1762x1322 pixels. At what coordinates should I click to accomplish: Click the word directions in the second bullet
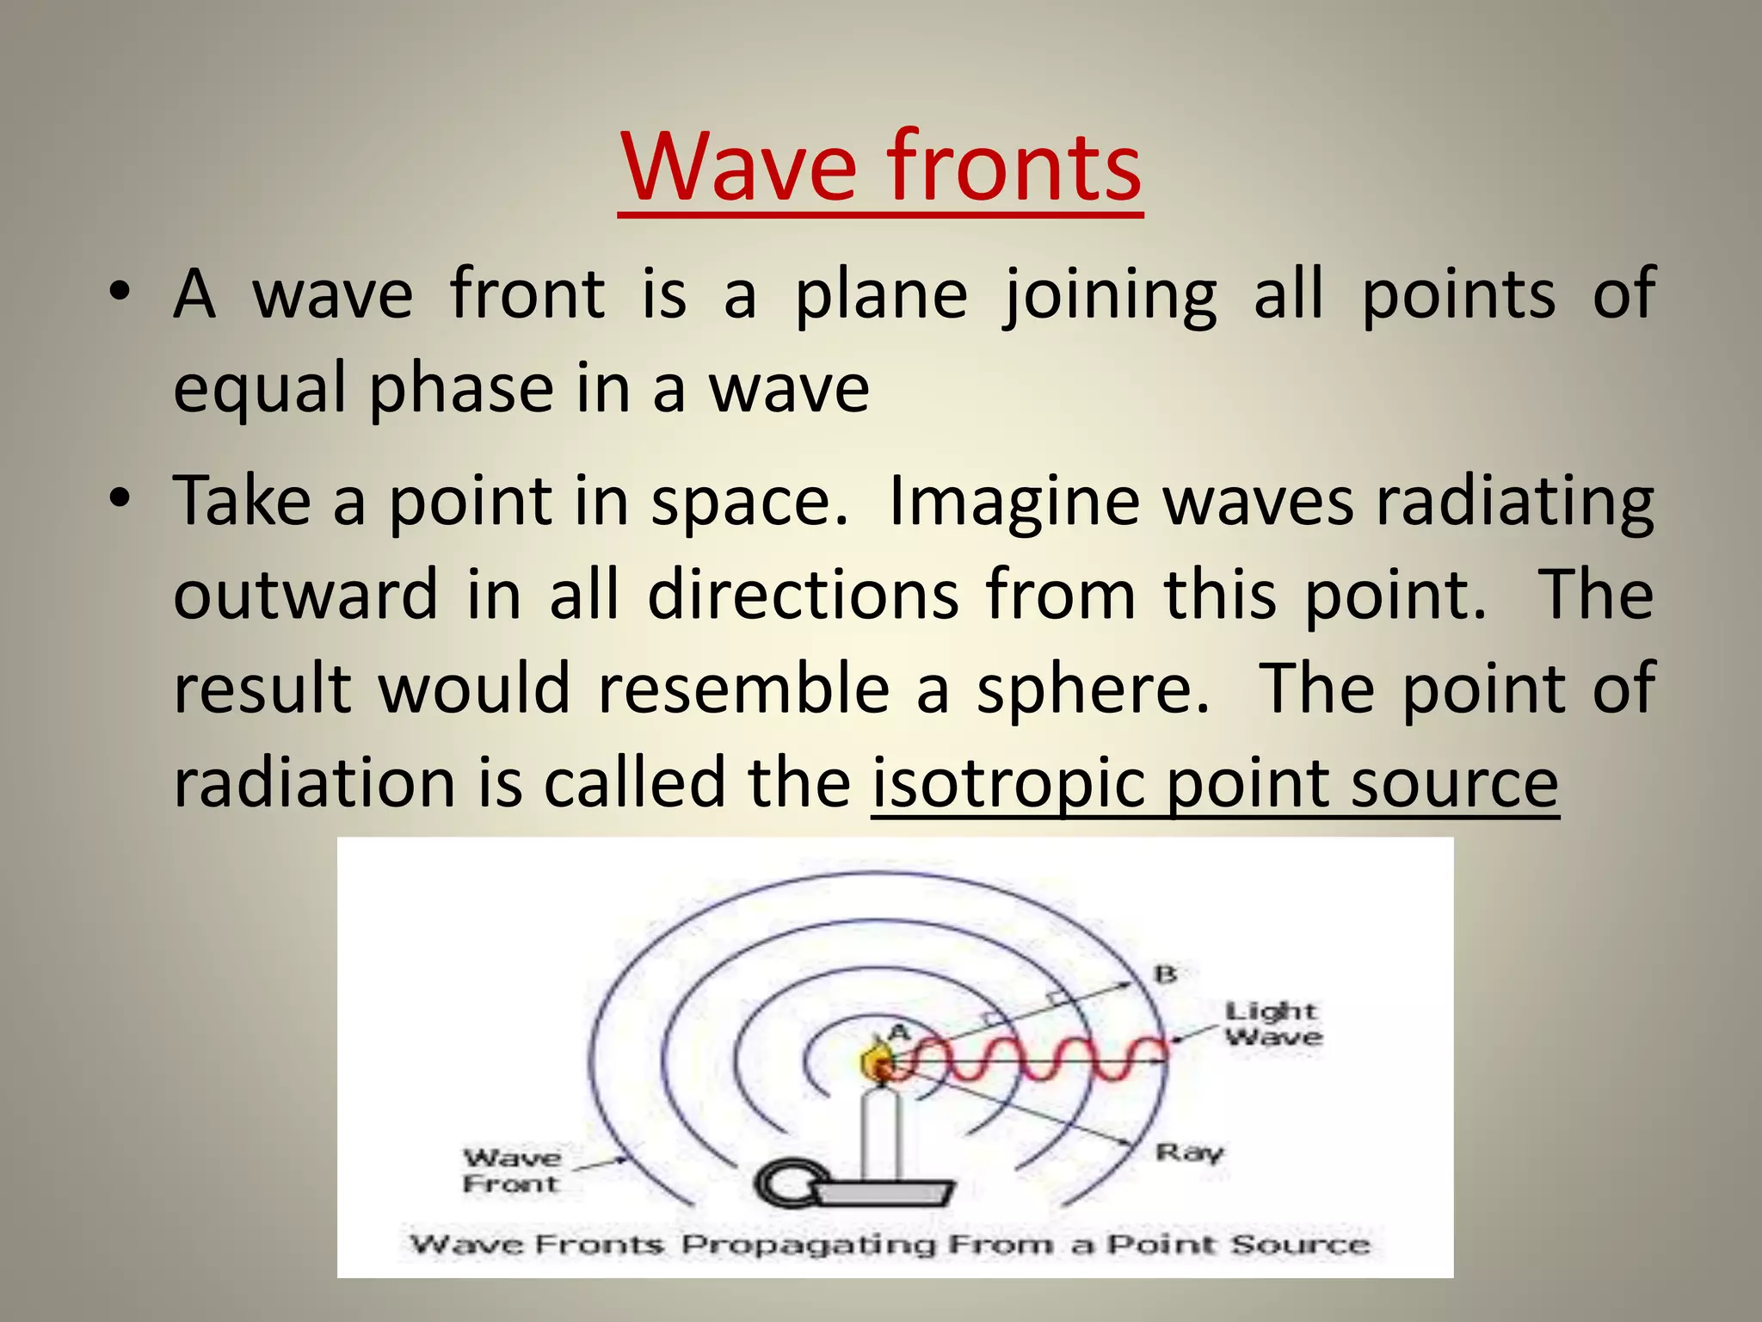pos(803,596)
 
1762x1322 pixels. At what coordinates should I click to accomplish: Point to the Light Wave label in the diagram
pos(1272,1023)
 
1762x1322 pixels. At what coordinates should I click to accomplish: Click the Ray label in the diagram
pos(1189,1152)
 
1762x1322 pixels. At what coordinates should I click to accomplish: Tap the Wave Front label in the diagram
pos(512,1171)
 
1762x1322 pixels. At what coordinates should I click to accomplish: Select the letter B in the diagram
pos(1165,974)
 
